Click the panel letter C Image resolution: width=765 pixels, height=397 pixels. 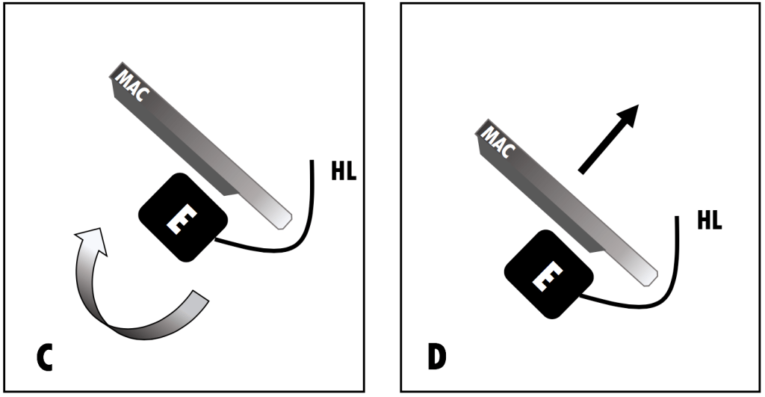(46, 359)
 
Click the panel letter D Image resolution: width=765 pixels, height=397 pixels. (436, 357)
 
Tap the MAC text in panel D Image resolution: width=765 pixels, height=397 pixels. (497, 142)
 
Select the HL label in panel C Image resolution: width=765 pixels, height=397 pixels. (343, 170)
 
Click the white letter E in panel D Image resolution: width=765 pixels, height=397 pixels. (549, 276)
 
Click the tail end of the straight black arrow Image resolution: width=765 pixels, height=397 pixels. (581, 173)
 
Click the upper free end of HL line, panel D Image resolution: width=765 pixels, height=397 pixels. (678, 218)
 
